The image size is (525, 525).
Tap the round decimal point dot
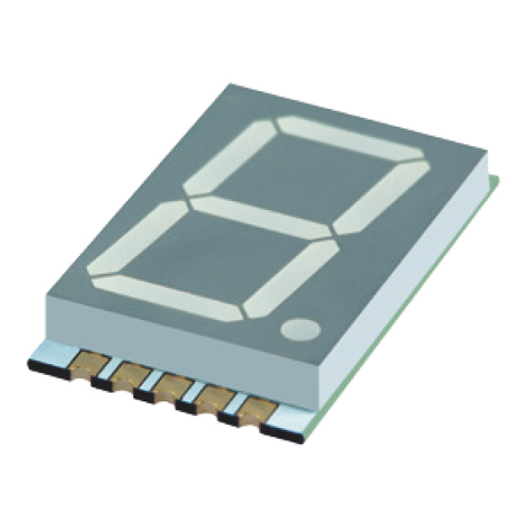point(301,330)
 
